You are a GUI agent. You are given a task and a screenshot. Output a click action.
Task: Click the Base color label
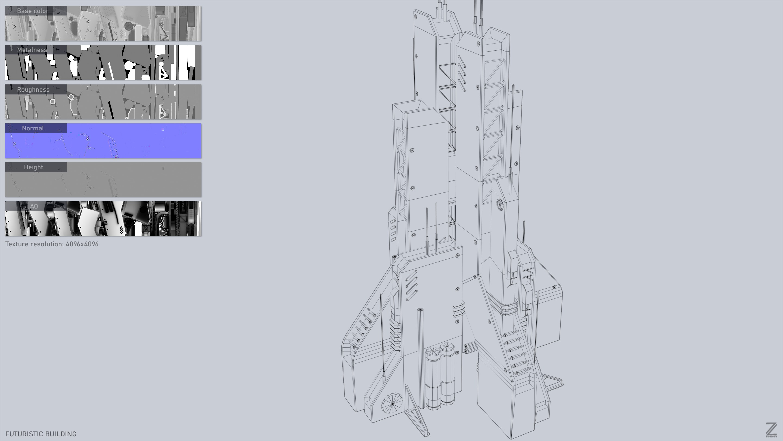tap(33, 11)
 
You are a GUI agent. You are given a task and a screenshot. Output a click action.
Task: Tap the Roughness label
tap(33, 90)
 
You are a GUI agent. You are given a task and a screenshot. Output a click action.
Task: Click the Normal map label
tap(33, 128)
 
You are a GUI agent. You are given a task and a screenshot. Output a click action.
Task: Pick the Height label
tap(33, 167)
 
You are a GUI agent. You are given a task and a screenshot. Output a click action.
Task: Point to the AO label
tap(34, 206)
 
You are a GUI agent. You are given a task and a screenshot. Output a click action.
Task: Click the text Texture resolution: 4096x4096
tap(52, 244)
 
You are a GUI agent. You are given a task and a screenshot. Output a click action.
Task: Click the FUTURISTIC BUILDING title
tap(41, 434)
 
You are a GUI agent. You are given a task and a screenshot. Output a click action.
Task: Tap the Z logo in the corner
tap(771, 430)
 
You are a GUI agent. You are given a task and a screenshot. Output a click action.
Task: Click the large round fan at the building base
tap(392, 403)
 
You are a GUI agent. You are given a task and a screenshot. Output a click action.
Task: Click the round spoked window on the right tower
tap(500, 204)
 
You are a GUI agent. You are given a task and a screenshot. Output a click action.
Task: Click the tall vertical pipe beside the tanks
tap(421, 356)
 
